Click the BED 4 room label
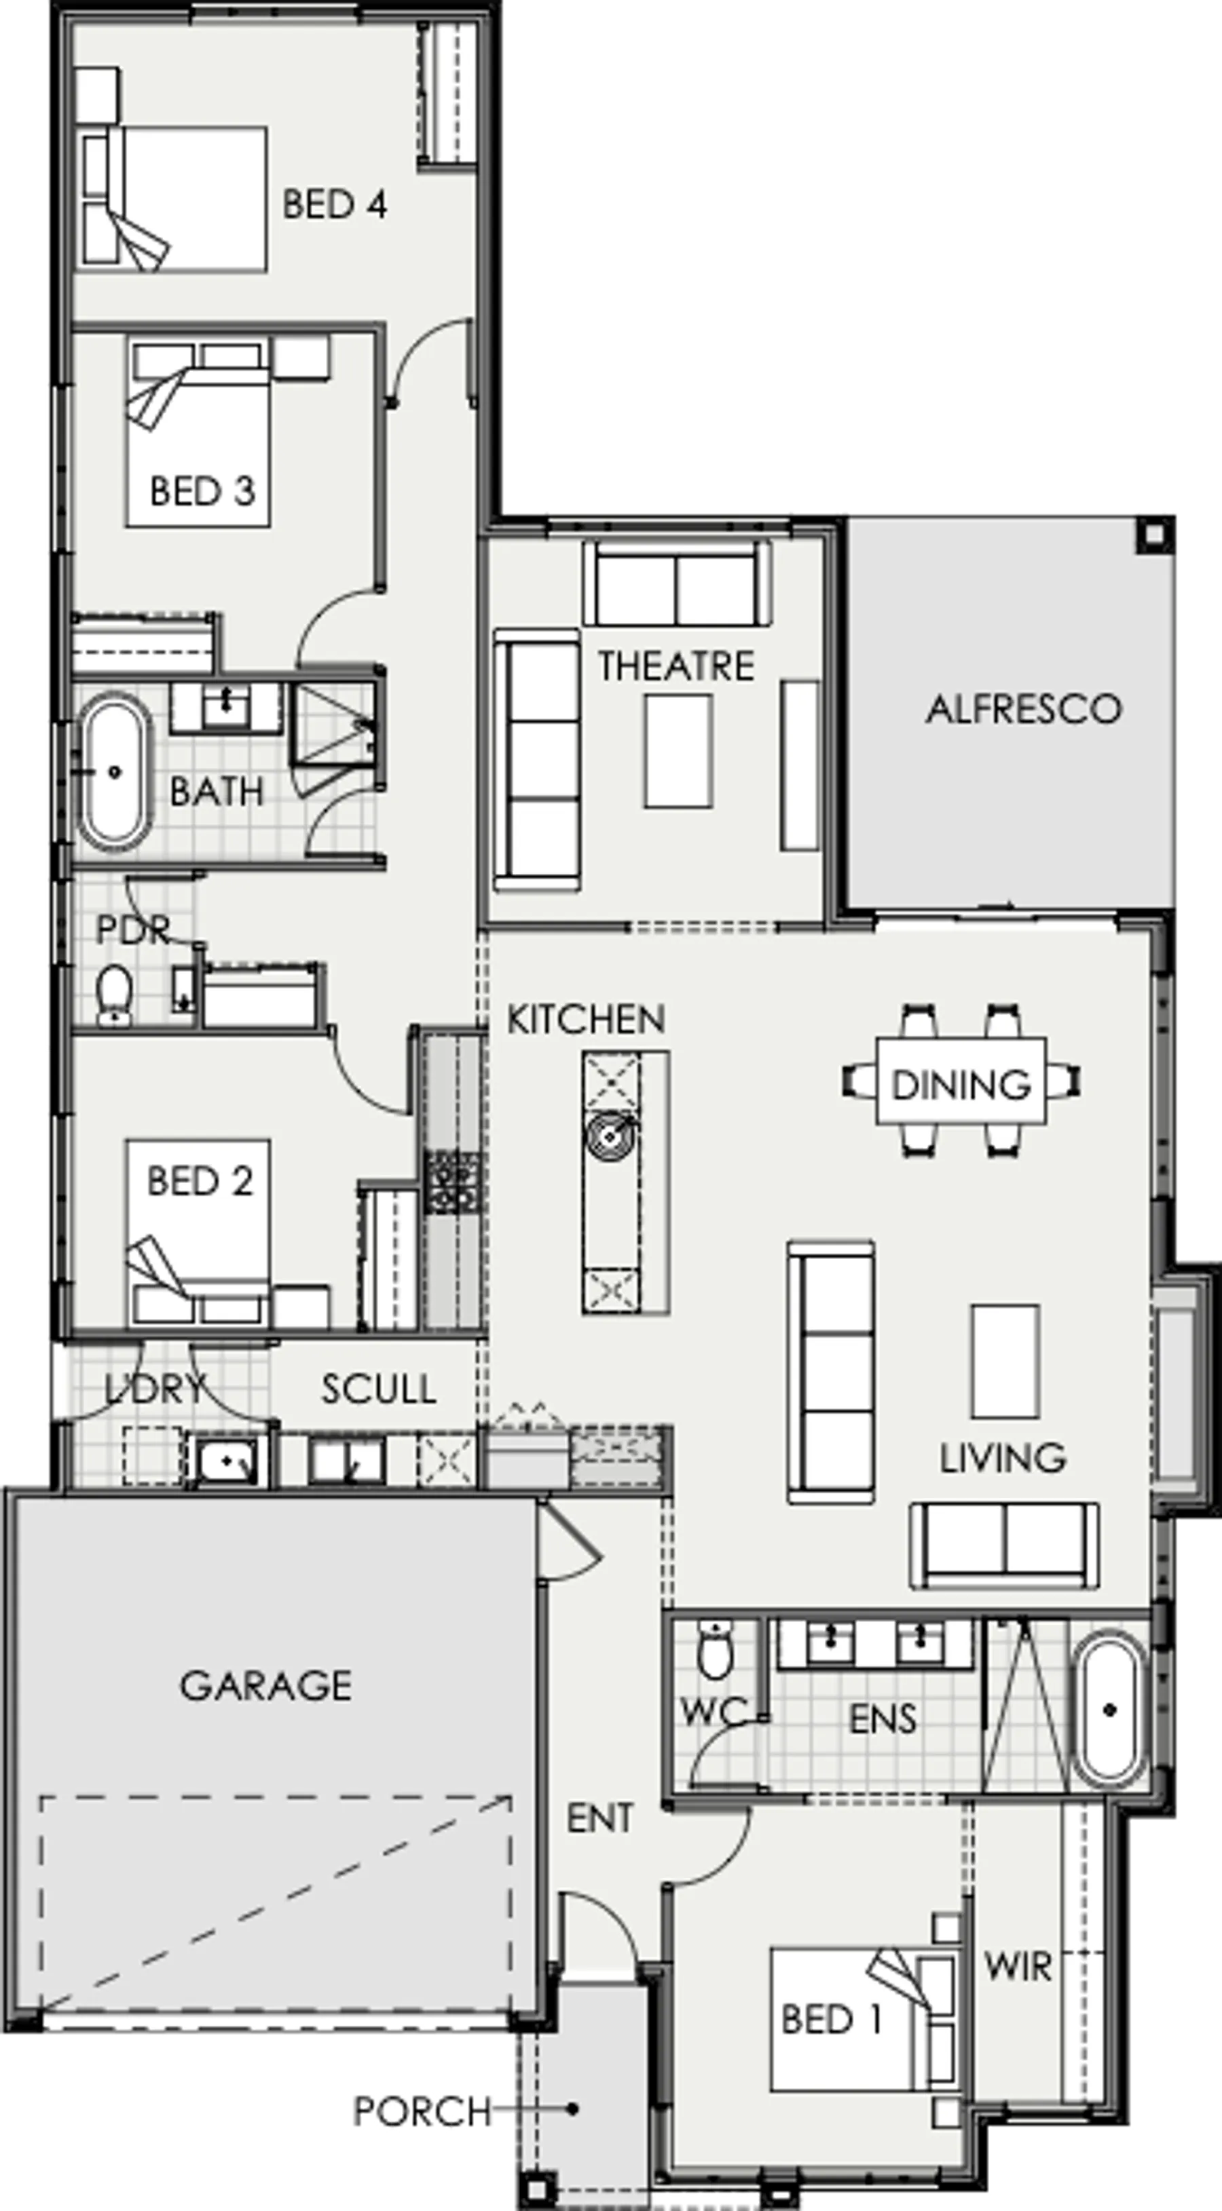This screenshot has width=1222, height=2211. pos(335,204)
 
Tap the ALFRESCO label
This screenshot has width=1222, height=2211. pos(1024,709)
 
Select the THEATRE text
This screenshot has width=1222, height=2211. pos(677,666)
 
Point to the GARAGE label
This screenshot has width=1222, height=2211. pos(265,1686)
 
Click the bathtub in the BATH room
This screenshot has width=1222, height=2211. pos(114,771)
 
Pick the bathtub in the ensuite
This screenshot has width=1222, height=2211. pos(1109,1710)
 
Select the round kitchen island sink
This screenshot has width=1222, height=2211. pos(610,1137)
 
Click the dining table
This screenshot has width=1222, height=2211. pos(961,1081)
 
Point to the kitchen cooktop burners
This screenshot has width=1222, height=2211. pos(453,1183)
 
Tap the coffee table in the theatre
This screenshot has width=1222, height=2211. pos(678,751)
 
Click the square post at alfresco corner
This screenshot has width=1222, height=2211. pos(1154,535)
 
